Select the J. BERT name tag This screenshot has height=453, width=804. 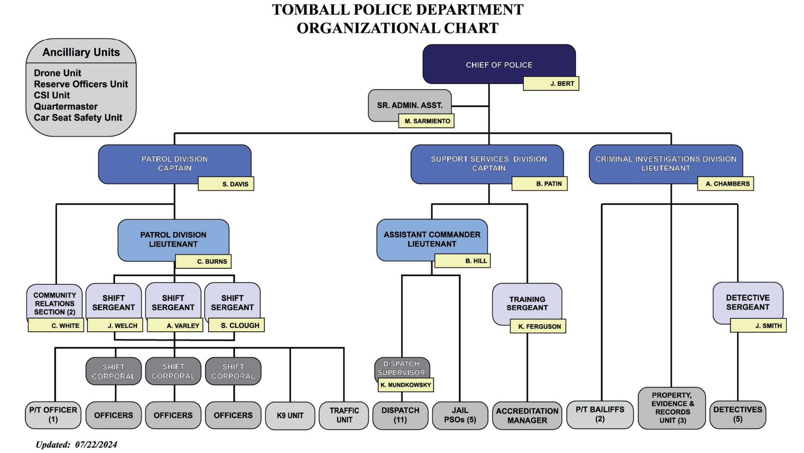pyautogui.click(x=551, y=83)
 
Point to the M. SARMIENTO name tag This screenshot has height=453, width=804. pyautogui.click(x=426, y=121)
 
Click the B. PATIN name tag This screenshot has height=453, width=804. pyautogui.click(x=539, y=184)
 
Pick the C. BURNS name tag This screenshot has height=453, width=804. pyautogui.click(x=203, y=261)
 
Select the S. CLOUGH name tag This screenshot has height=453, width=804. pyautogui.click(x=237, y=325)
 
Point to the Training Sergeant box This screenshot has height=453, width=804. pyautogui.click(x=527, y=302)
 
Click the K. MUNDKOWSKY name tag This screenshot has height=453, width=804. pyautogui.click(x=405, y=385)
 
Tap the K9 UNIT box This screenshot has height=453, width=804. pyautogui.click(x=290, y=415)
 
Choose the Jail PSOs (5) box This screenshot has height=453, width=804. pyautogui.click(x=460, y=415)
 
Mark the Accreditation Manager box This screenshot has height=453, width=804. pyautogui.click(x=527, y=415)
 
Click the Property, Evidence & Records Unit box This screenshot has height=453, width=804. pyautogui.click(x=672, y=408)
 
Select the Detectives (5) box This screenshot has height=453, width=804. pyautogui.click(x=737, y=414)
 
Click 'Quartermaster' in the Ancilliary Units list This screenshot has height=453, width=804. pyautogui.click(x=66, y=107)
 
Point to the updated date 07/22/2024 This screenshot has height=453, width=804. pyautogui.click(x=96, y=445)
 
